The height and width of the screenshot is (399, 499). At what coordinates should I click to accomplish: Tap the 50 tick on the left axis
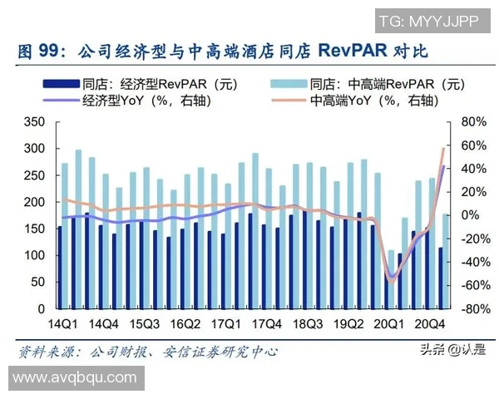[38, 282]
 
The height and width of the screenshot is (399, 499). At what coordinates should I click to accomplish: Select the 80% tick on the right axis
[472, 122]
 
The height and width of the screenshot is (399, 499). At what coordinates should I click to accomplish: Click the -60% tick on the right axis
[471, 285]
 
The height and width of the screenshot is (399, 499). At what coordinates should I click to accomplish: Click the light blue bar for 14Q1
[65, 233]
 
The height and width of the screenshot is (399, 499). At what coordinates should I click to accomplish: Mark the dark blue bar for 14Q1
[59, 266]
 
